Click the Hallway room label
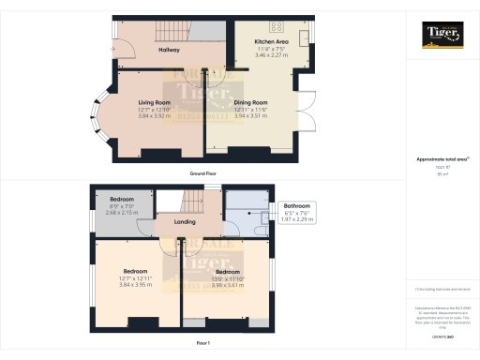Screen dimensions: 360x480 coord(169,50)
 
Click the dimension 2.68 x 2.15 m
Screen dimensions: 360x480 coord(122,213)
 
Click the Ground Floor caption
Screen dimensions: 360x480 coord(204,174)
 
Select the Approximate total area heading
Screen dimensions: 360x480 coord(441,160)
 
